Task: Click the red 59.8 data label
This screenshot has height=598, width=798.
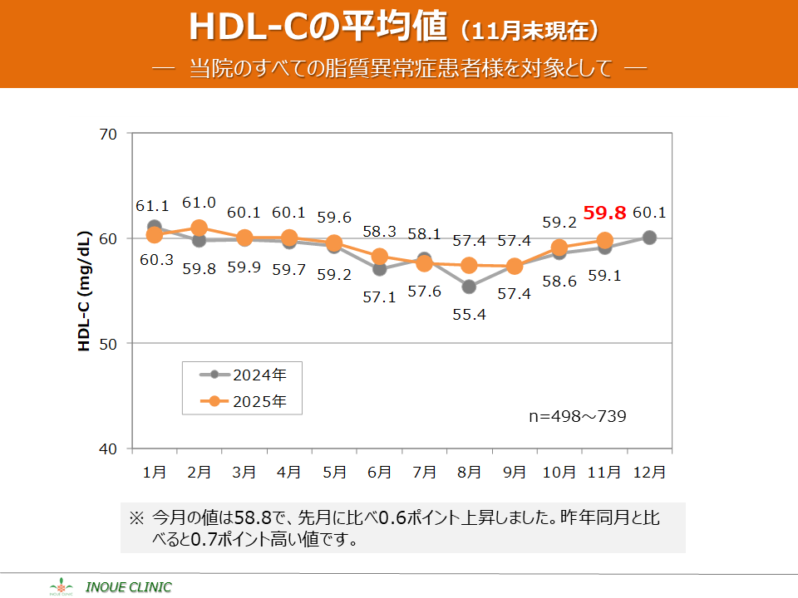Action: coord(604,213)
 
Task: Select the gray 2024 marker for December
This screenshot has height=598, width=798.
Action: coord(649,238)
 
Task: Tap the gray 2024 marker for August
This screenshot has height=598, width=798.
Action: coord(469,287)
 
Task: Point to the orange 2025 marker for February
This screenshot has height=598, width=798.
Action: coord(199,228)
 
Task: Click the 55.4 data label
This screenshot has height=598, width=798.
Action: coord(469,315)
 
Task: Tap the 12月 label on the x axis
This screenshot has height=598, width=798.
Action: coord(649,472)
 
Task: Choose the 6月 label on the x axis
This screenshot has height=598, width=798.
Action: coord(379,472)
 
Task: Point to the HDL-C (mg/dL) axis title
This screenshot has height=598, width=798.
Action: coord(85,291)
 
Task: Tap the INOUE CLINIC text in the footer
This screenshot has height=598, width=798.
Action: coord(135,587)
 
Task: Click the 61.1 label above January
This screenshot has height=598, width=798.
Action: coord(153,205)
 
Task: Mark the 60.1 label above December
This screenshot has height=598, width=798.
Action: coord(649,213)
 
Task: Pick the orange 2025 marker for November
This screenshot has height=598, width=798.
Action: coord(604,241)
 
